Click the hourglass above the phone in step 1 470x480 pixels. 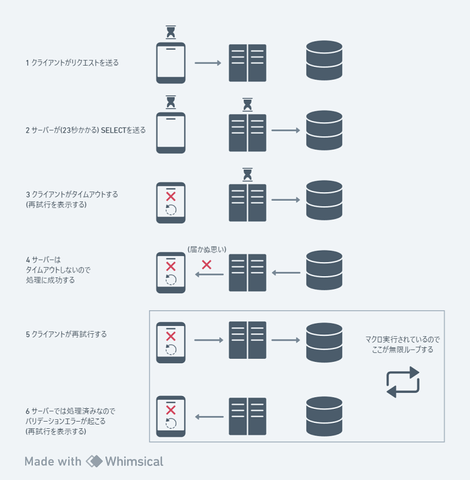click(170, 32)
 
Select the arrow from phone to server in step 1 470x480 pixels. click(208, 63)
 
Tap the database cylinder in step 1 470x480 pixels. click(324, 60)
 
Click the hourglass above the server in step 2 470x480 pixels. click(247, 105)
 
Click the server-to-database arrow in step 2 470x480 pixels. click(286, 130)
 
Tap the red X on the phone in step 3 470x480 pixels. click(170, 197)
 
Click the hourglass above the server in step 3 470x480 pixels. click(247, 175)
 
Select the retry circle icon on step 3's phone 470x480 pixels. click(170, 210)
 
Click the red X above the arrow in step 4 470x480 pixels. click(206, 265)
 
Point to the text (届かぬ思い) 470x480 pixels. click(207, 249)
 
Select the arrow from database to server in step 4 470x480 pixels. click(286, 273)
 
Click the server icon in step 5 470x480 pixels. click(247, 340)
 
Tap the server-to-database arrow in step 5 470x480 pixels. click(286, 340)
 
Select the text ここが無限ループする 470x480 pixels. click(402, 350)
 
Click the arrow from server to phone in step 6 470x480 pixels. click(209, 417)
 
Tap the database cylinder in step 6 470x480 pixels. click(324, 416)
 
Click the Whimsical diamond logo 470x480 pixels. click(94, 461)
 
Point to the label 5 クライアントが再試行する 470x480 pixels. click(66, 334)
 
